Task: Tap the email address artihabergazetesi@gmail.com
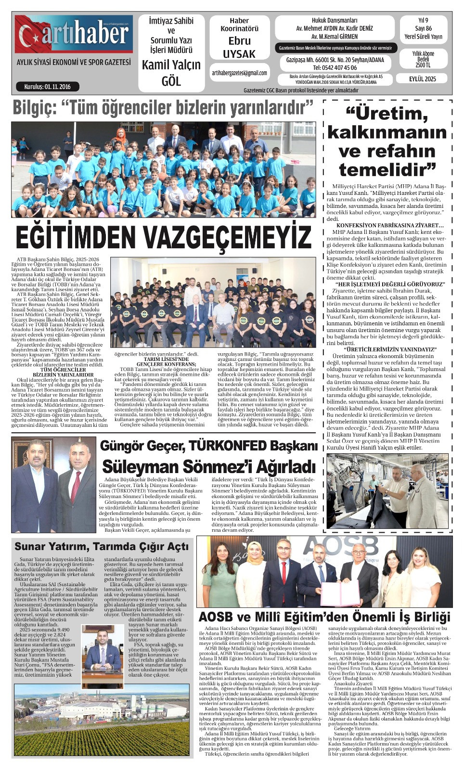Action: pos(239,73)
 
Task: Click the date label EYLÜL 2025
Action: pos(423,79)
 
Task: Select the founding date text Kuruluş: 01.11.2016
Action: pos(47,87)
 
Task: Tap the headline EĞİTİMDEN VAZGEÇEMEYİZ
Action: pos(164,237)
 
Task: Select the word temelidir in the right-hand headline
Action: pos(387,169)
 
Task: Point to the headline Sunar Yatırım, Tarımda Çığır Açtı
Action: pos(102,547)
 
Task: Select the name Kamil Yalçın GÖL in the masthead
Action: pos(171,73)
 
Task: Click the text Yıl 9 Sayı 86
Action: pos(423,25)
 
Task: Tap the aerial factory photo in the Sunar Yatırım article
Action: pos(102,720)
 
